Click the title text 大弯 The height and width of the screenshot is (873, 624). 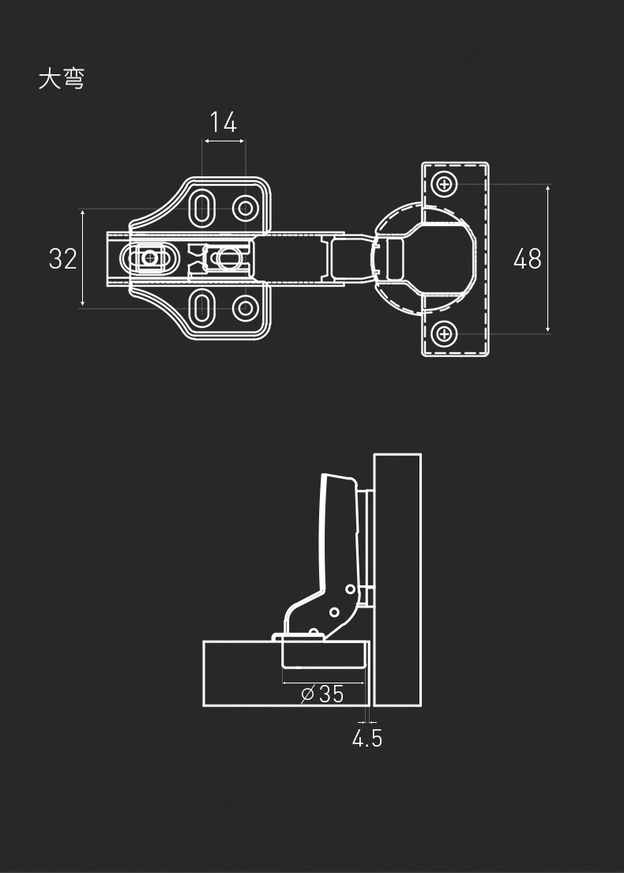point(61,79)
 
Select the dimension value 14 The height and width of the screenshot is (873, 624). point(224,122)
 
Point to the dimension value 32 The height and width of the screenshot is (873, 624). point(63,258)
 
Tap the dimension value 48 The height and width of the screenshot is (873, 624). point(527,258)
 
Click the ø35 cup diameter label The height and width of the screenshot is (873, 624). point(322,694)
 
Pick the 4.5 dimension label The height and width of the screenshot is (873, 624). point(367,739)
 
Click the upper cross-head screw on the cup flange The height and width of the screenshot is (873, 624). point(445,185)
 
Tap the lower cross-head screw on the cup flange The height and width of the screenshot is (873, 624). point(445,333)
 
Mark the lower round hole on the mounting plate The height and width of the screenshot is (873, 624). point(246,307)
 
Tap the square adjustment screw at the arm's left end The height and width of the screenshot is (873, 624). point(148,257)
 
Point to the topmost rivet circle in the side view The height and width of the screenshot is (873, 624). point(349,589)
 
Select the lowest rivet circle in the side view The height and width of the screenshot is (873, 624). point(314,633)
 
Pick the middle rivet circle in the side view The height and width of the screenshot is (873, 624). point(334,611)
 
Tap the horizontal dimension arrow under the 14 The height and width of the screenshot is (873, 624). point(224,141)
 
